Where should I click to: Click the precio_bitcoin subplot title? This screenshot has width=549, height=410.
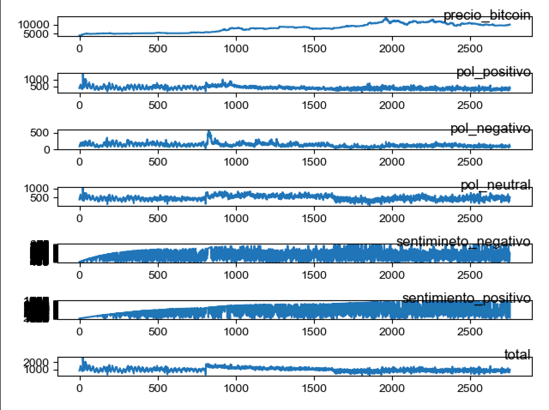[487, 15]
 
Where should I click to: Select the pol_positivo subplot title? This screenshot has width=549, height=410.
[493, 72]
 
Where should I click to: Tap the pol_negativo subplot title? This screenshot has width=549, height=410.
[490, 128]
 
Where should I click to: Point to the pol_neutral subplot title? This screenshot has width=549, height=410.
[495, 185]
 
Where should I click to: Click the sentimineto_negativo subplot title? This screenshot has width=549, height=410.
[463, 241]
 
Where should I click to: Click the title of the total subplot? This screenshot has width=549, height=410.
[517, 354]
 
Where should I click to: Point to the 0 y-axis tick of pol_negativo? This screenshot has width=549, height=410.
[47, 150]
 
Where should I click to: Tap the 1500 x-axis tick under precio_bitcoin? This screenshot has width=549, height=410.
[314, 48]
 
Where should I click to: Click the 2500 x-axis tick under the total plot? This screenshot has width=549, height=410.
[470, 388]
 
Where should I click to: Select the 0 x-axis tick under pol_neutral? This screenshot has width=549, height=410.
[80, 218]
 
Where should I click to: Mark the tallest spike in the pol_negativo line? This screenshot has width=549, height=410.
[209, 132]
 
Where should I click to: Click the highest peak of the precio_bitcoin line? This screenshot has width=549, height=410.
[386, 18]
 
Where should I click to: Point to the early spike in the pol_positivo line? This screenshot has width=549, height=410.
[83, 75]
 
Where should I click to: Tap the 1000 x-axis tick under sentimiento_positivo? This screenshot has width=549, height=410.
[236, 332]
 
